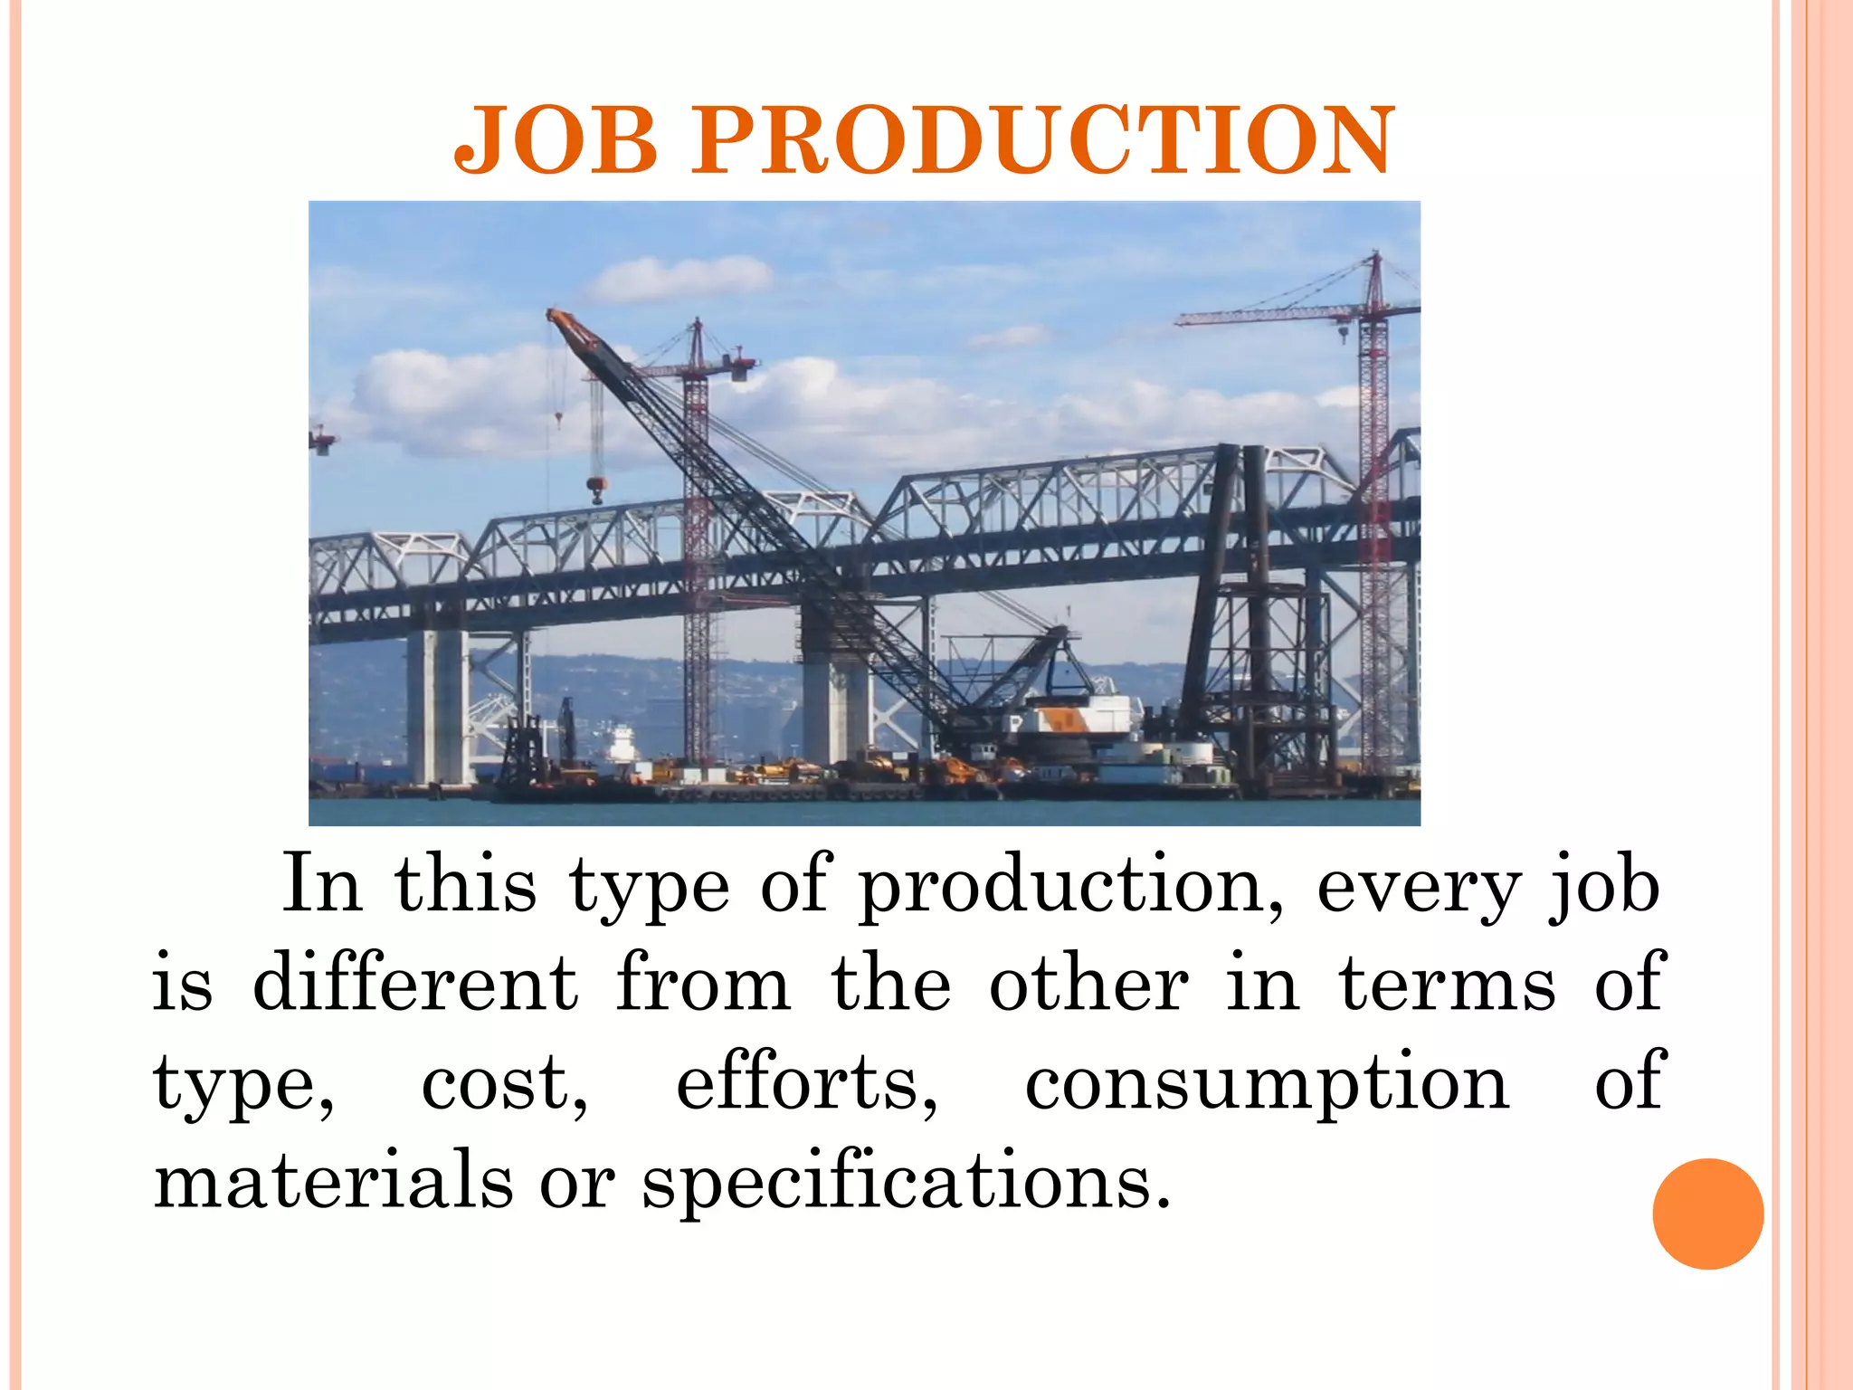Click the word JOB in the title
coord(556,140)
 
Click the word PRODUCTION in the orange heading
coord(1043,140)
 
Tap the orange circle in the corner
coord(1707,1214)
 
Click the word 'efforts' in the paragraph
coord(805,1082)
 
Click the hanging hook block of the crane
coord(595,490)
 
